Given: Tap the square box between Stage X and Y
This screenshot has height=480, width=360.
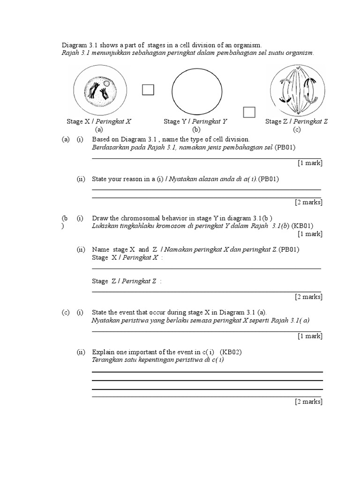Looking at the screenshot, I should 148,90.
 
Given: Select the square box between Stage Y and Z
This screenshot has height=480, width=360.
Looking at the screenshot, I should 249,112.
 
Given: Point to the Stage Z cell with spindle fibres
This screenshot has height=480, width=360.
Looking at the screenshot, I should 298,90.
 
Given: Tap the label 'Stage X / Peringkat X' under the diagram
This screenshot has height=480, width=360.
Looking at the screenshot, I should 99,121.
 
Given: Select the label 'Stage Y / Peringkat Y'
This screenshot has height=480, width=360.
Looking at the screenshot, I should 195,121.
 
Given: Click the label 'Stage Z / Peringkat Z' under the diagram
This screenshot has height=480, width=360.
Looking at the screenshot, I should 296,121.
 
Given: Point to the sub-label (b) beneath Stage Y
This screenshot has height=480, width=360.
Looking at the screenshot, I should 196,129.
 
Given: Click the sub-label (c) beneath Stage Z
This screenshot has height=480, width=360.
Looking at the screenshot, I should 296,129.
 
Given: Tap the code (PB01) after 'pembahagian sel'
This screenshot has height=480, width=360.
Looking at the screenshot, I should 285,147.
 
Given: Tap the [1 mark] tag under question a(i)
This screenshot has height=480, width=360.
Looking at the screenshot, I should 310,163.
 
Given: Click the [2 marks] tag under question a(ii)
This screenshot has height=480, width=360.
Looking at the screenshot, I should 308,202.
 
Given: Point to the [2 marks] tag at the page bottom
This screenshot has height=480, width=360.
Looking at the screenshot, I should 308,401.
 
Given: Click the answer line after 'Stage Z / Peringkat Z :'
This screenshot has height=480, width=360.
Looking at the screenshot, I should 206,292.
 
